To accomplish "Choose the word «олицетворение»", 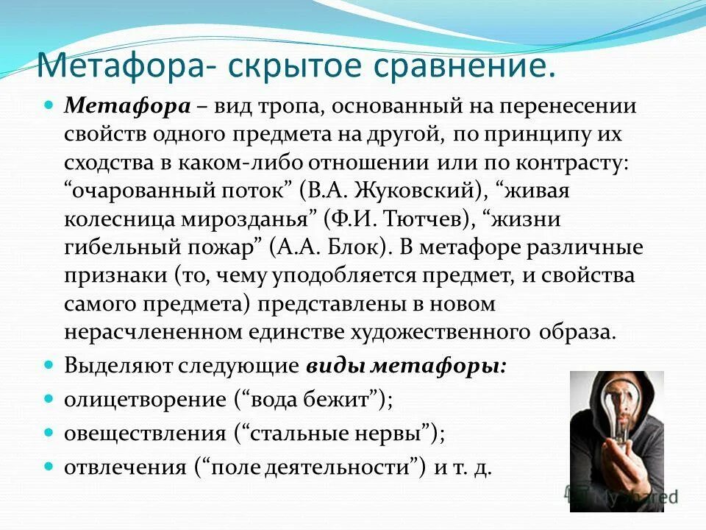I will [x=144, y=400].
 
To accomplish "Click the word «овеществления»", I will [x=144, y=434].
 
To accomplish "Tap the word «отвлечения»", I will [x=124, y=467].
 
